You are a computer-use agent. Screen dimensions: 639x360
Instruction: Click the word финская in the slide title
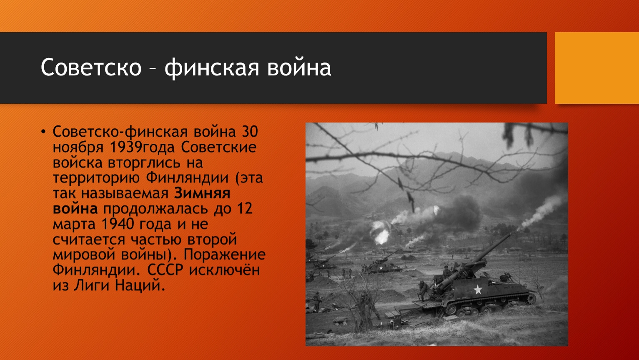click(212, 68)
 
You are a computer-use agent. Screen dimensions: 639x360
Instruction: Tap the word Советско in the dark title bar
click(91, 67)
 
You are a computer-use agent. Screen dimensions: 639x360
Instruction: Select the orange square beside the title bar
click(597, 68)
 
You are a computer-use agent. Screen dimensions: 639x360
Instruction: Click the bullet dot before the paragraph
click(43, 132)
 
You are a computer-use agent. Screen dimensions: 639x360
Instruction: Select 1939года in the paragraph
click(142, 147)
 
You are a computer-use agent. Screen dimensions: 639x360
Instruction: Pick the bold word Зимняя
click(202, 193)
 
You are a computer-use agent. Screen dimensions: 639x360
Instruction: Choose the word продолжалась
click(155, 209)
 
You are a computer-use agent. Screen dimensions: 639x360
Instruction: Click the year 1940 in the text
click(118, 224)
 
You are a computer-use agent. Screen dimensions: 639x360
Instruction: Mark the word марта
click(74, 225)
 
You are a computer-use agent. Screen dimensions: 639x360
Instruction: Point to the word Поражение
click(224, 255)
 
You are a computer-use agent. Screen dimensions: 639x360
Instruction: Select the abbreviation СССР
click(165, 270)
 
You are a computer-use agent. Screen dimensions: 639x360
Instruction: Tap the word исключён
click(225, 270)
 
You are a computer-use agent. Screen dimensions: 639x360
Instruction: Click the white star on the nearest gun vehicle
click(478, 290)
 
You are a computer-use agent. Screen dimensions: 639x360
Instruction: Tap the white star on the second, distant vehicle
click(381, 268)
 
